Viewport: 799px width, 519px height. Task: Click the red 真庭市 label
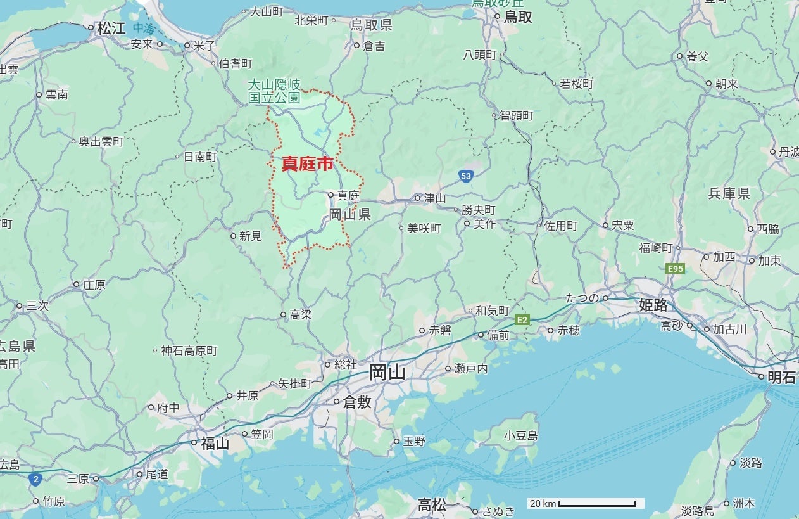pos(307,165)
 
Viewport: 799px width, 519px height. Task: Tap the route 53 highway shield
pos(466,176)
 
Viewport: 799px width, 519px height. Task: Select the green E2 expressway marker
pos(522,320)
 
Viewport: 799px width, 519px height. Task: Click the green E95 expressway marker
pos(676,269)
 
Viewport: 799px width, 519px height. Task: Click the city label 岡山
pos(387,373)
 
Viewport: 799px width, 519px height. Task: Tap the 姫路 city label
pos(653,305)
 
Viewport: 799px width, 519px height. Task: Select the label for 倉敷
pos(356,401)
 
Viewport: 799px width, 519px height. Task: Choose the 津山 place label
pos(434,198)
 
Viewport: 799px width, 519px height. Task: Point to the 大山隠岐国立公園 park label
pos(274,91)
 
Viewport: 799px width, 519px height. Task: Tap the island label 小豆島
pos(520,435)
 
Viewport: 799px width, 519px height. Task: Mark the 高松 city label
pos(432,505)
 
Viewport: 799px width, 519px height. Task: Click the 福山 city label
pos(215,443)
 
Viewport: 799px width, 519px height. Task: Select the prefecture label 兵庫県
pos(729,193)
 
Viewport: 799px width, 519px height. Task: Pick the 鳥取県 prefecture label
pos(372,25)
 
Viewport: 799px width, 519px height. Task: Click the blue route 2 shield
pos(35,480)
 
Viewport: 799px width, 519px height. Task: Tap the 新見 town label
pos(250,236)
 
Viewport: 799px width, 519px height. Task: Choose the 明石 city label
pos(781,377)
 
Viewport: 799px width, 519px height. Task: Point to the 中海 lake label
pos(144,28)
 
